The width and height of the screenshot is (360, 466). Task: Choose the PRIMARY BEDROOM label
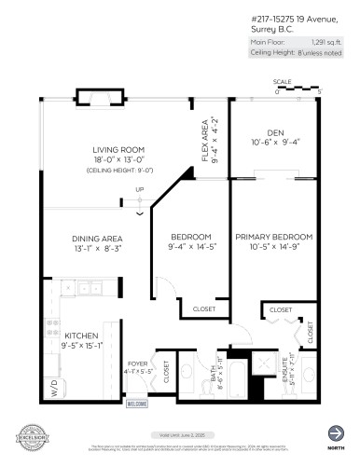(274, 237)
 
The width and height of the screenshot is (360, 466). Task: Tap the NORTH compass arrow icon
(335, 432)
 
